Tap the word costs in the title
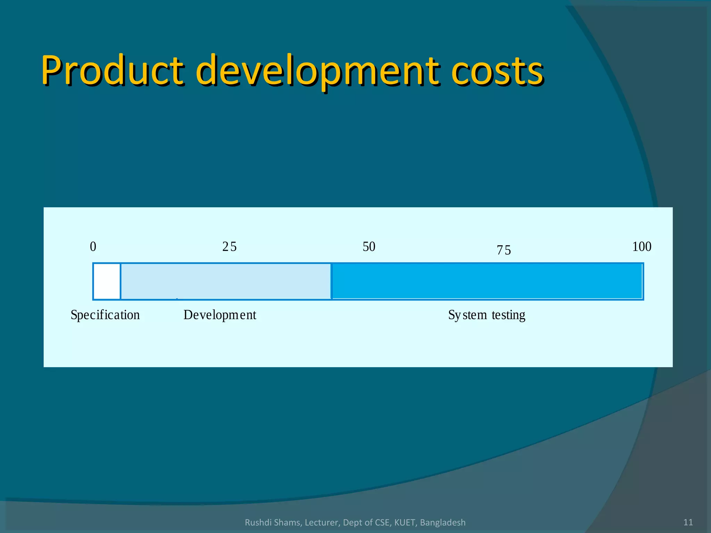click(497, 71)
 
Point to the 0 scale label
click(93, 247)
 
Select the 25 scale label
click(229, 247)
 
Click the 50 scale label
click(369, 247)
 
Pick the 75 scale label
click(504, 250)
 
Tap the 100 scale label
click(642, 247)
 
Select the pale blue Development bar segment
click(226, 281)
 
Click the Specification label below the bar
click(105, 315)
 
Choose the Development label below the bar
click(220, 315)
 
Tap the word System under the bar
click(468, 315)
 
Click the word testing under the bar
click(508, 315)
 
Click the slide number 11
click(688, 522)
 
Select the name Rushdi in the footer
click(256, 522)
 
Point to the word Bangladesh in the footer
click(443, 522)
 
